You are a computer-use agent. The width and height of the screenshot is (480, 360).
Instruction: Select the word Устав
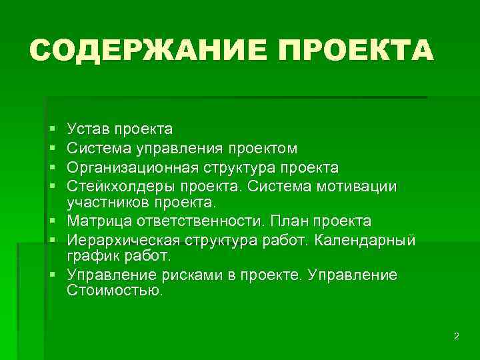(x=88, y=129)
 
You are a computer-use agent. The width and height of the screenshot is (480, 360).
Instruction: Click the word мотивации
(x=364, y=185)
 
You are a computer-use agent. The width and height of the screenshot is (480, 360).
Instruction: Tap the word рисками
(x=171, y=275)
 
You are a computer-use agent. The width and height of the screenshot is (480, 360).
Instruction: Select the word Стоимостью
(x=115, y=291)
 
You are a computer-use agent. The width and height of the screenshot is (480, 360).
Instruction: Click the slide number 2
(x=456, y=337)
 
